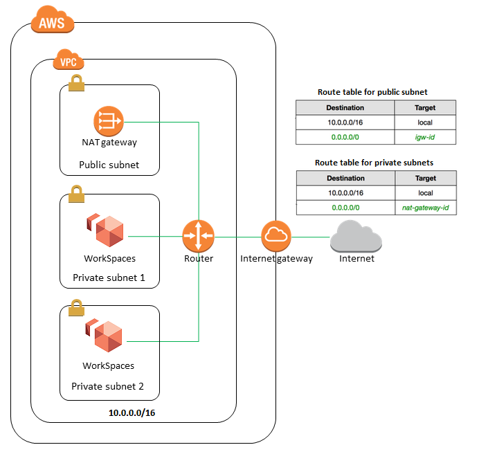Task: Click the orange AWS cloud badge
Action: coord(52,22)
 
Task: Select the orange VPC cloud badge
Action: coord(67,62)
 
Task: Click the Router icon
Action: coord(199,236)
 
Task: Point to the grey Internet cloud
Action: coord(356,237)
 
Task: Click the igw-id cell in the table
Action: coord(425,137)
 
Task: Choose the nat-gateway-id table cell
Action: coord(425,208)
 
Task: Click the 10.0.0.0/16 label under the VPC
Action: coord(132,412)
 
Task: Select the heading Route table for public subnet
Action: coord(372,91)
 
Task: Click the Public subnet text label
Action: coord(109,165)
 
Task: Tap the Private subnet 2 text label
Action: coord(107,385)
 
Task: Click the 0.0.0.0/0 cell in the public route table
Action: coord(345,137)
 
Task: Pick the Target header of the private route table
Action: coord(425,179)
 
